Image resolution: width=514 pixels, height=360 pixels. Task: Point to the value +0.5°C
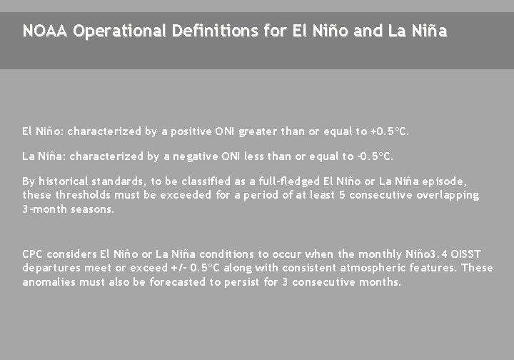pos(390,131)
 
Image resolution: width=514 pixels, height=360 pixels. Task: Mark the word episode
pos(444,181)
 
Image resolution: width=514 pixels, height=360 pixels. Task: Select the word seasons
pos(93,209)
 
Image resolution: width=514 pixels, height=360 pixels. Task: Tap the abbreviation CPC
pos(33,254)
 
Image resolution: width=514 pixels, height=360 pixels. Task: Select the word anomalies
pos(49,282)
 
